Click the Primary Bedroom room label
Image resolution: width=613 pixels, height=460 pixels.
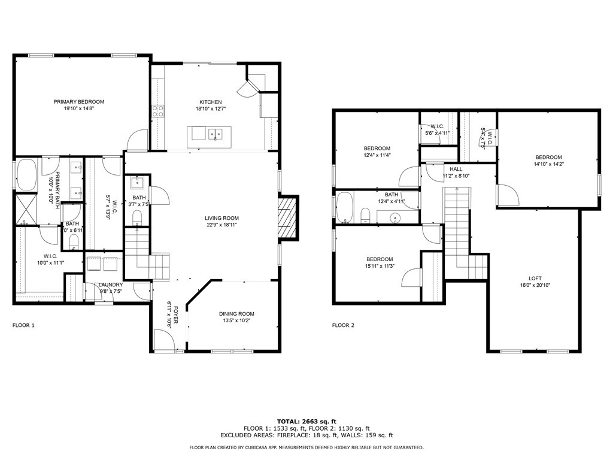(78, 102)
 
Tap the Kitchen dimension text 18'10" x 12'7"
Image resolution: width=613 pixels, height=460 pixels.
(211, 109)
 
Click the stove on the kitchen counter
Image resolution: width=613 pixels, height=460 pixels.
(158, 110)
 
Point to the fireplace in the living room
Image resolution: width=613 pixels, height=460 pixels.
(287, 217)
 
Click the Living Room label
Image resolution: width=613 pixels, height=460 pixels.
(222, 219)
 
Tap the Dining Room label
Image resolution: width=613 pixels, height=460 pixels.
(238, 314)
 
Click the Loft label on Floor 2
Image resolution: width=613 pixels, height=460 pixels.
(535, 278)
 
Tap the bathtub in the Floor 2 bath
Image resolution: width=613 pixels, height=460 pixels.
(345, 207)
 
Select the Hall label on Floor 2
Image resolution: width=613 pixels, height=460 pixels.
(456, 170)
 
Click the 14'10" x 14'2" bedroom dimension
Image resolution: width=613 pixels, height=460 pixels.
(549, 164)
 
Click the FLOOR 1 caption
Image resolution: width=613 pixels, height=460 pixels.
(23, 326)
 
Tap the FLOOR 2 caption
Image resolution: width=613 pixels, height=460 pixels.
(343, 326)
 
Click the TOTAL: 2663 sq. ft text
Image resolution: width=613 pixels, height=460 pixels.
(306, 421)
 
